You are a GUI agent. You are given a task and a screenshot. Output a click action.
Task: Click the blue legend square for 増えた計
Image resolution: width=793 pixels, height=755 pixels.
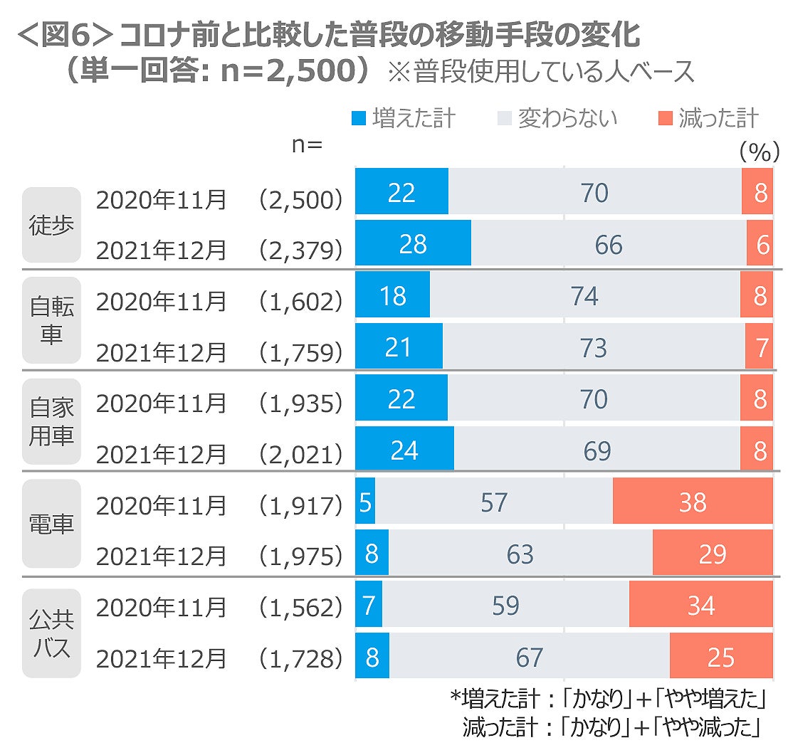(359, 118)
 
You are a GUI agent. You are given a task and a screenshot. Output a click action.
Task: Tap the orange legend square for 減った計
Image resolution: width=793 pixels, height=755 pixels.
(666, 118)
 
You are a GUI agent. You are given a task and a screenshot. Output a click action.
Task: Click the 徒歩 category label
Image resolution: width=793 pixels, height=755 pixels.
(51, 225)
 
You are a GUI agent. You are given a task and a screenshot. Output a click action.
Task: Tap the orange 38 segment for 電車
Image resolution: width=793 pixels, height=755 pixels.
(692, 502)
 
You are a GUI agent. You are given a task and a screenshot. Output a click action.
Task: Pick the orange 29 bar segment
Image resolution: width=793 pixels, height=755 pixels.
(712, 554)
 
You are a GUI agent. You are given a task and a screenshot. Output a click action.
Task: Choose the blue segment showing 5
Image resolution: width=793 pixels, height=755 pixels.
(364, 502)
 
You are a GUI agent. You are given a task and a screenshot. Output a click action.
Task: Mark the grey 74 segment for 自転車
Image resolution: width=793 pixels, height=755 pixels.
(584, 295)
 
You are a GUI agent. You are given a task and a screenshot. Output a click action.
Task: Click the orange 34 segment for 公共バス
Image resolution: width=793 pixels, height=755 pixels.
(700, 605)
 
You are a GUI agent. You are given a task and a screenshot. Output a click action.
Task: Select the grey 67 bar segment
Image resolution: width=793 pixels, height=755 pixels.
(530, 656)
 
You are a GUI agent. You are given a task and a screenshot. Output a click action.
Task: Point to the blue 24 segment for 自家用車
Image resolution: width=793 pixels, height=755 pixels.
(404, 450)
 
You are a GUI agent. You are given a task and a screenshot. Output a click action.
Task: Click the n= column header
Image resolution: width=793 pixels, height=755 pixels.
(307, 144)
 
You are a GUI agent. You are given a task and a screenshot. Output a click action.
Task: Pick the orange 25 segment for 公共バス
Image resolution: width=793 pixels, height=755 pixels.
(720, 656)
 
